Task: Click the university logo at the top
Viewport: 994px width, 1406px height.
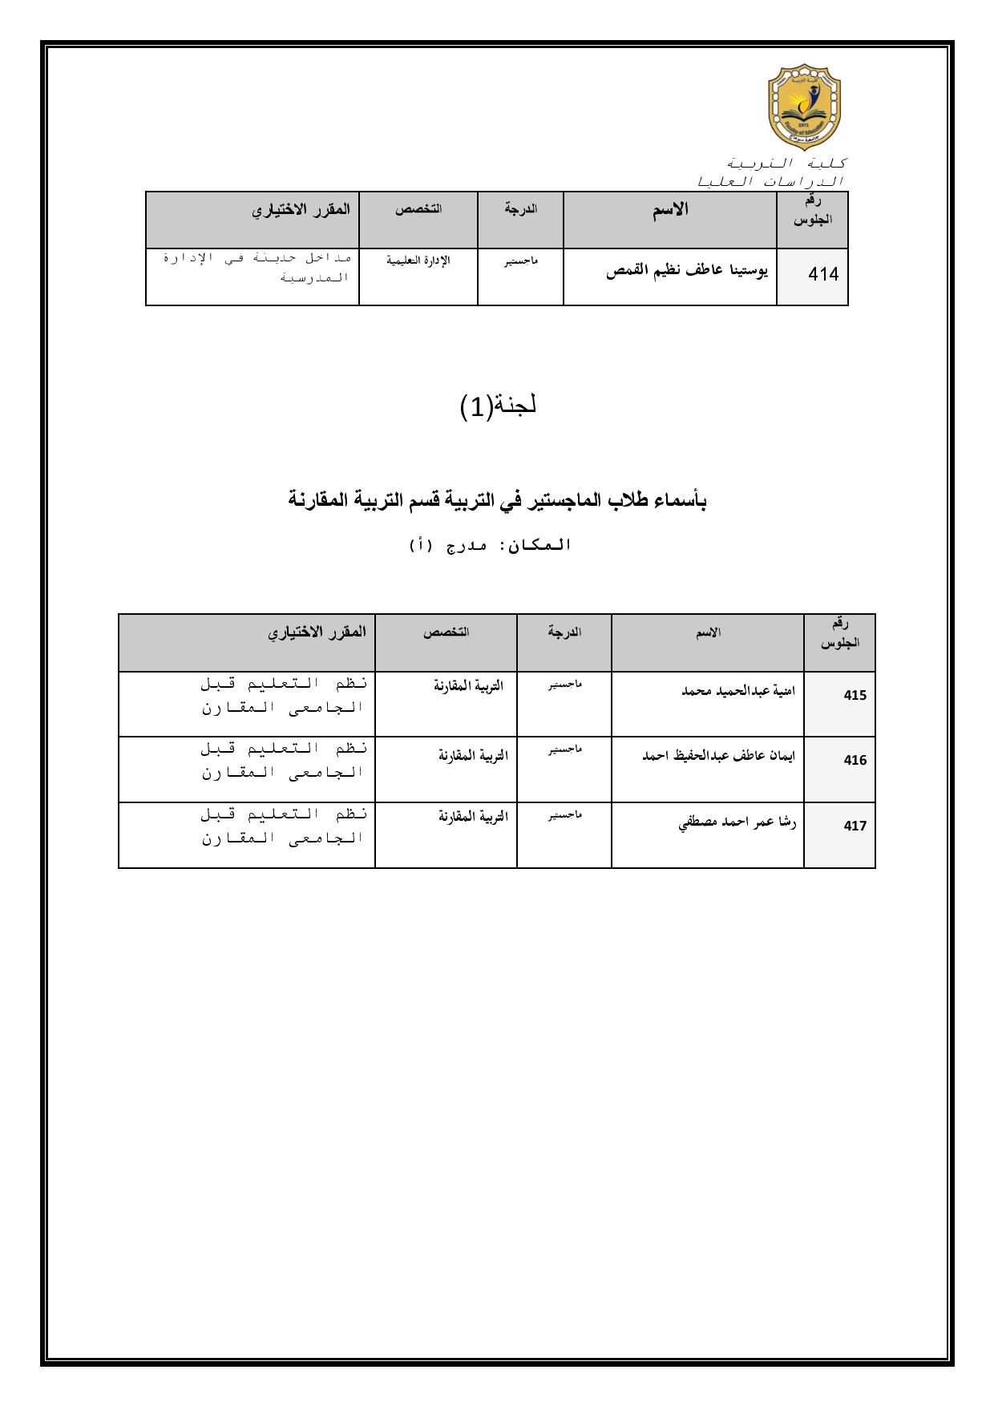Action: [x=805, y=107]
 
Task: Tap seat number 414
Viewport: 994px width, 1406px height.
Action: [x=823, y=274]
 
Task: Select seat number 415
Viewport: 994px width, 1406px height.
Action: [x=855, y=695]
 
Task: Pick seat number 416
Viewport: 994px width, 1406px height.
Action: [x=855, y=760]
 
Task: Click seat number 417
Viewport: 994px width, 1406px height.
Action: [x=855, y=826]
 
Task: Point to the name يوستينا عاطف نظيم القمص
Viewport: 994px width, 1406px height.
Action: [x=687, y=272]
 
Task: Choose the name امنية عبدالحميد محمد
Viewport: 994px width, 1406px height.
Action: [x=738, y=690]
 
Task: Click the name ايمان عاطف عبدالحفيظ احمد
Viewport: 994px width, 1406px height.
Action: [x=719, y=755]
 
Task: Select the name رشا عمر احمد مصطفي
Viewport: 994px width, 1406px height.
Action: [x=737, y=821]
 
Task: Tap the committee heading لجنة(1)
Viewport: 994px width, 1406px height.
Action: [x=498, y=406]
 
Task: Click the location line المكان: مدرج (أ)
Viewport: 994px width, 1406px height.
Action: [x=490, y=545]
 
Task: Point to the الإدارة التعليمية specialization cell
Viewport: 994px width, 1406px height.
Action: [x=418, y=261]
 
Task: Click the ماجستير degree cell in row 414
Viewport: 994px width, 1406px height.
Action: [x=521, y=261]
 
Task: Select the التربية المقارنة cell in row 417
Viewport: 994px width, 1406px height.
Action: [x=473, y=816]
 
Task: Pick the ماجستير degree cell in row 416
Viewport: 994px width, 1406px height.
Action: [x=564, y=749]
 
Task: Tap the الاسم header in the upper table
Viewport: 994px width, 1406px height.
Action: [x=670, y=211]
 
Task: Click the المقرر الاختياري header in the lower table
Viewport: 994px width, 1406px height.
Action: [x=317, y=632]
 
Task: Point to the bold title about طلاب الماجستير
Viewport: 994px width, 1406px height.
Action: [x=497, y=501]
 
